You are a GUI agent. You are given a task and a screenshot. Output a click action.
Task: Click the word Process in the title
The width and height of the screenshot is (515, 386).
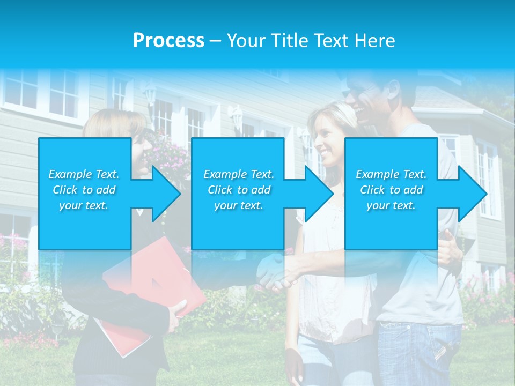pyautogui.click(x=168, y=41)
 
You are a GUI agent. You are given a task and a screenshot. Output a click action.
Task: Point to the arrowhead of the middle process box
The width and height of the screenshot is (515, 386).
pyautogui.click(x=318, y=194)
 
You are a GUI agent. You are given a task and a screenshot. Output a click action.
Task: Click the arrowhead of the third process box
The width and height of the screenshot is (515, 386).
pyautogui.click(x=471, y=194)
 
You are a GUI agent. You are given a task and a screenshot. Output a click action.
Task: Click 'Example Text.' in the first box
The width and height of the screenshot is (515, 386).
pyautogui.click(x=84, y=174)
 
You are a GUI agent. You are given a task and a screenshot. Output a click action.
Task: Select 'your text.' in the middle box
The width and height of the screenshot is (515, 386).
pyautogui.click(x=239, y=205)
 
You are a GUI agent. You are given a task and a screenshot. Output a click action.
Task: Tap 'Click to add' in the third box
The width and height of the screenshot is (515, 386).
pyautogui.click(x=392, y=190)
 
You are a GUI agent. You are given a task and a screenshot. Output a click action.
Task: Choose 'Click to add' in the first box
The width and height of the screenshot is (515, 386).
pyautogui.click(x=84, y=190)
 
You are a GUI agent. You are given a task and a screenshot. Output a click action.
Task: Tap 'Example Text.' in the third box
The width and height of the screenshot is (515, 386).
pyautogui.click(x=391, y=174)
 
